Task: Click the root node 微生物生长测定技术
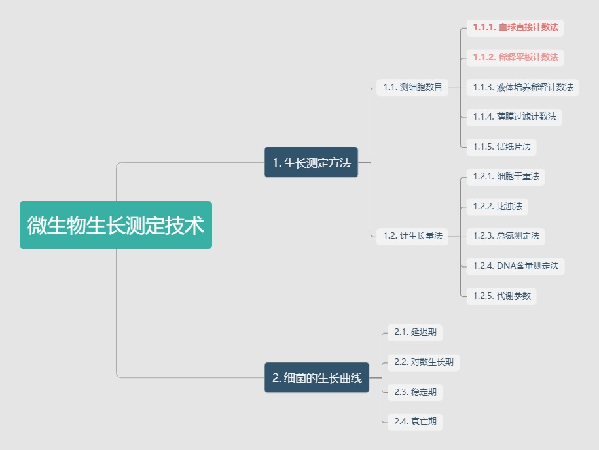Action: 116,225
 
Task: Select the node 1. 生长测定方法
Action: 311,162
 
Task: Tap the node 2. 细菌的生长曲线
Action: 317,377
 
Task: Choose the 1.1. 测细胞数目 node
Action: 412,87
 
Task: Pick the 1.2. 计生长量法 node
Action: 412,235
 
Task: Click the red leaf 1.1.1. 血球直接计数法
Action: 515,27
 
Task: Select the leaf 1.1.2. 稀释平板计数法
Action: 515,57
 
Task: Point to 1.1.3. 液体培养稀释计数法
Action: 522,87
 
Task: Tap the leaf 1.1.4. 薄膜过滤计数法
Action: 515,116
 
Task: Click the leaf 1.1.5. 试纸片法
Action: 501,147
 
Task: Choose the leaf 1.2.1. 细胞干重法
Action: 506,176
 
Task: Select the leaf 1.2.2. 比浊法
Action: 498,206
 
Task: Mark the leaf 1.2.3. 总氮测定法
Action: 506,235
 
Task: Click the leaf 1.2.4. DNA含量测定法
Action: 515,266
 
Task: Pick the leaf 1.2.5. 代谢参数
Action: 501,296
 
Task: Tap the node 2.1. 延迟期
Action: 415,332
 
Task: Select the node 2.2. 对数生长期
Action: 424,362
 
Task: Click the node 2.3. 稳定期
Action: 415,392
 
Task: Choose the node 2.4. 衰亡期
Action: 415,421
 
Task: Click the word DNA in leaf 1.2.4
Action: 507,266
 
